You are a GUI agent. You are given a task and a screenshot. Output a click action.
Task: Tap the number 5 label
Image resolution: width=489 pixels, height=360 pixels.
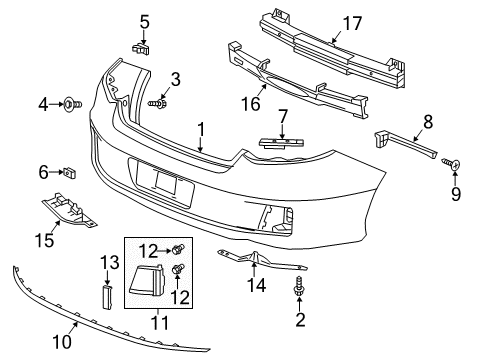tap(144, 20)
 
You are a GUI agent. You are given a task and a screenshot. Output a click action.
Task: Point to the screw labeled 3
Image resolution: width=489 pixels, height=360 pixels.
tap(158, 103)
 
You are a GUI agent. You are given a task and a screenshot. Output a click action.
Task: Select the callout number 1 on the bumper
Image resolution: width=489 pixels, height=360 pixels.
tap(201, 129)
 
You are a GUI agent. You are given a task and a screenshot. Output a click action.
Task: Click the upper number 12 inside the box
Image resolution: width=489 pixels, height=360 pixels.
tap(149, 250)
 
